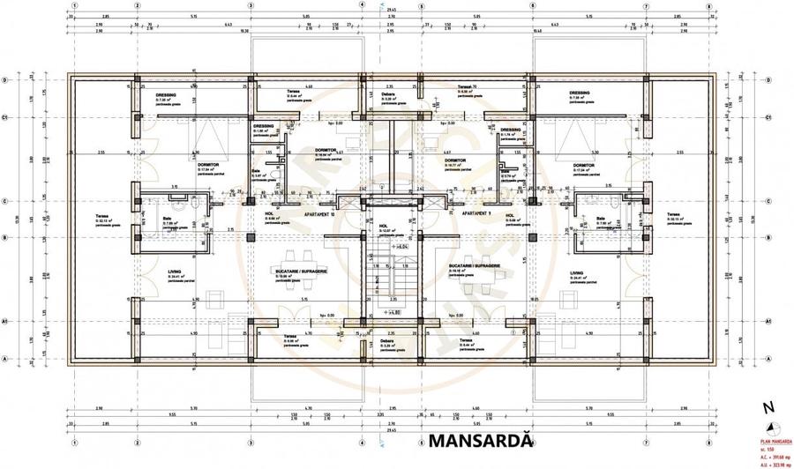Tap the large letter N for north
click(x=768, y=407)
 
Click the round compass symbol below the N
click(x=768, y=426)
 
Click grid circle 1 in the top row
click(x=75, y=4)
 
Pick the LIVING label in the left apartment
click(x=175, y=272)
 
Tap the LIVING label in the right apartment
click(x=577, y=272)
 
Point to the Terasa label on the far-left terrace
click(x=101, y=214)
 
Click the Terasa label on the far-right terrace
click(x=674, y=214)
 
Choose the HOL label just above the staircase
click(x=384, y=225)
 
